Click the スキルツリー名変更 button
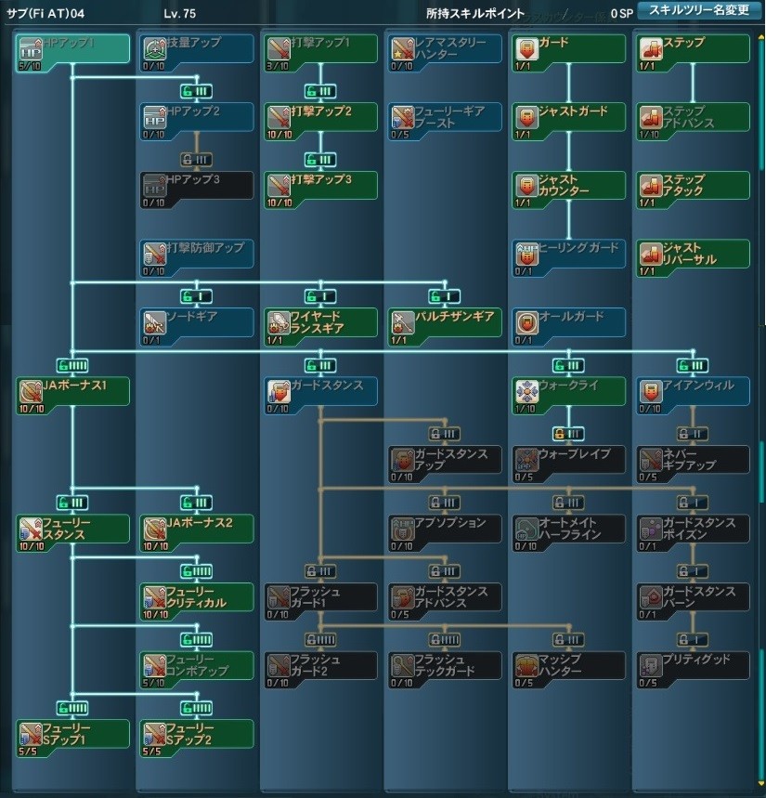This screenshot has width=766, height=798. point(699,12)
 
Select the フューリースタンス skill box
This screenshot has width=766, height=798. point(73,529)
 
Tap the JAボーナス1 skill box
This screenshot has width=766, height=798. point(73,391)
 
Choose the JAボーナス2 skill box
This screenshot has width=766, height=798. point(196,529)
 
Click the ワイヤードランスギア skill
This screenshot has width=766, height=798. point(320,322)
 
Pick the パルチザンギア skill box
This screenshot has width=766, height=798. point(444,322)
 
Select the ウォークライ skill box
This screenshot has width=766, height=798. point(567,391)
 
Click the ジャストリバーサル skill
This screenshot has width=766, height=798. point(692,254)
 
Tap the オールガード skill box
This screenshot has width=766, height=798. point(567,322)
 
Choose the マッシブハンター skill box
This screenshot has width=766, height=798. point(567,666)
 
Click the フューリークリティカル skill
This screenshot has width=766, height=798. point(196,597)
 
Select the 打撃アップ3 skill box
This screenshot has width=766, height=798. point(320,185)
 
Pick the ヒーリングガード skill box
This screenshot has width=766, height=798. point(567,254)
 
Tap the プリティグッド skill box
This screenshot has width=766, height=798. point(692,666)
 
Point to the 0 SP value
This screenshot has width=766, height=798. point(621,14)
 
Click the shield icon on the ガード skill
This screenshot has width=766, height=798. point(526,49)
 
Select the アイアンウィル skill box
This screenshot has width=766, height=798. point(692,391)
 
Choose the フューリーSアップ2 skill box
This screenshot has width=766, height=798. point(196,735)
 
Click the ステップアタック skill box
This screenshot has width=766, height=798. point(692,185)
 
